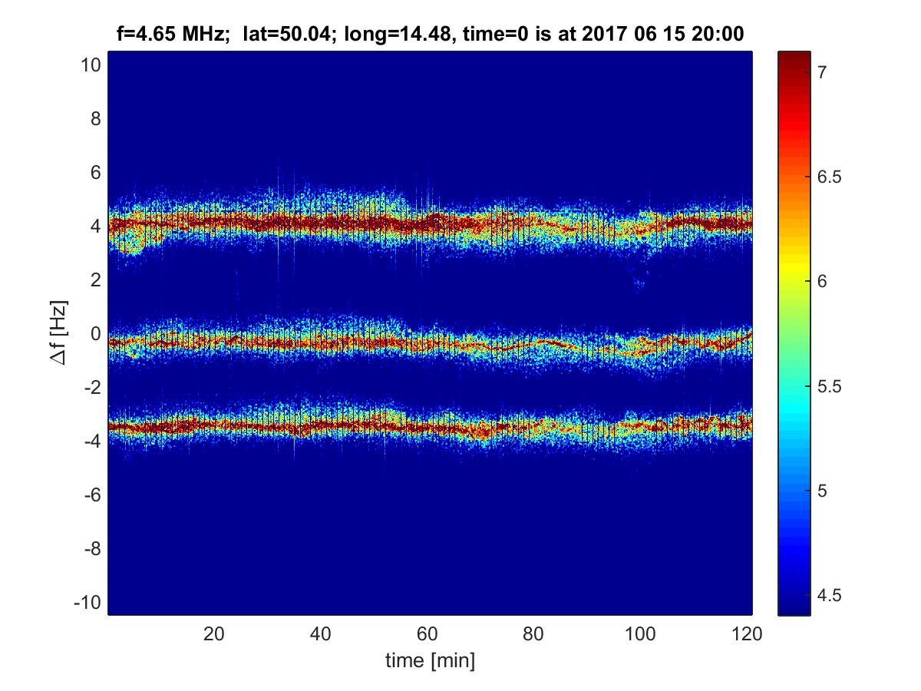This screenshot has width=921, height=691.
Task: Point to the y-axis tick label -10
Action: click(x=87, y=603)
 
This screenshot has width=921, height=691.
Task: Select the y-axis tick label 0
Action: click(x=95, y=334)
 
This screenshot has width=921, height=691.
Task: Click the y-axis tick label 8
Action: click(x=95, y=119)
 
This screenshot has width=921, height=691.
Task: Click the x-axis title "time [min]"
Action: click(x=430, y=660)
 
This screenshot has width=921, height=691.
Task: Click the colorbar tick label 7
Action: click(x=822, y=72)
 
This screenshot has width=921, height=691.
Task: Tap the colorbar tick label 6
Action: click(x=822, y=282)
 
